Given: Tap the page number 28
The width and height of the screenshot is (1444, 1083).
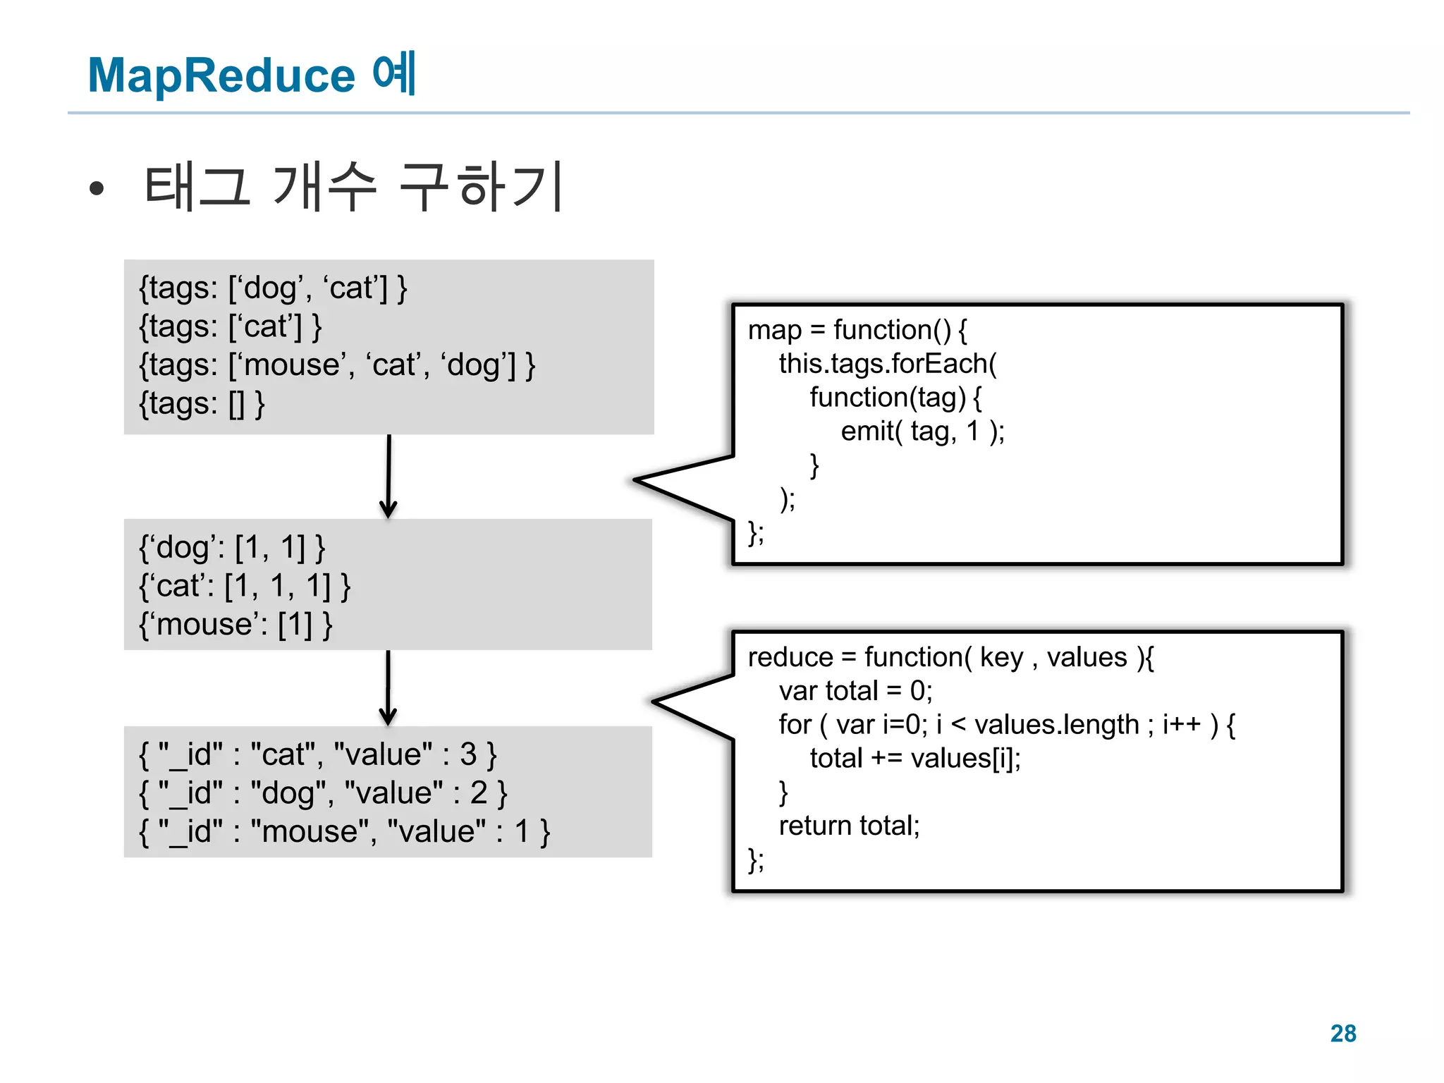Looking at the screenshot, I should tap(1342, 1033).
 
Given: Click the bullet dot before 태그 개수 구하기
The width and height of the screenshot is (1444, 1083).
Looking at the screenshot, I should tap(97, 188).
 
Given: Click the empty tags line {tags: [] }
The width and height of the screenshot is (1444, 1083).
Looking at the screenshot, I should tap(202, 404).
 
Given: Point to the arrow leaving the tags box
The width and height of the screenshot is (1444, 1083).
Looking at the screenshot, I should tap(388, 477).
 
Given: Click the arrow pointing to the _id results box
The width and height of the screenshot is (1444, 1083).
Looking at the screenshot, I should tap(388, 688).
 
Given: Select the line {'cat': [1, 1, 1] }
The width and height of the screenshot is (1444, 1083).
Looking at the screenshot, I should tap(244, 586).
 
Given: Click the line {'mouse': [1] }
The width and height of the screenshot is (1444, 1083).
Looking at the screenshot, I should tap(235, 625).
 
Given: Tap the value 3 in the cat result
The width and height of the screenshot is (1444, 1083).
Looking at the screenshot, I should tap(468, 754).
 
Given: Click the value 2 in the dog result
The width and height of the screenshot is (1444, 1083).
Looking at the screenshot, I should tap(479, 793).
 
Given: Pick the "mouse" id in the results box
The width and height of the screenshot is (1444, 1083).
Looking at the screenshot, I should tap(310, 832).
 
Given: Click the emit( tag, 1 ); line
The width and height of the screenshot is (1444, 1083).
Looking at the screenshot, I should tap(922, 431).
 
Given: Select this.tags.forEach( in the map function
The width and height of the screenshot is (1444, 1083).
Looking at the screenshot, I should tap(887, 364).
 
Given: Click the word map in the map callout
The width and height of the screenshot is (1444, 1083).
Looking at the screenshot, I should tap(774, 330).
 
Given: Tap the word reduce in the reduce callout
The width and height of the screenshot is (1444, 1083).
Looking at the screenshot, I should tap(790, 657).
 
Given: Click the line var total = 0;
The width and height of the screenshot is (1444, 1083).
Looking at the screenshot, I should tap(855, 691).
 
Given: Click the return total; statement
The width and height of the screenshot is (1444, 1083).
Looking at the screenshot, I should tap(849, 826).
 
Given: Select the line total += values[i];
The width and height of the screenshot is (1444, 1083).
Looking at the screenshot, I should tap(914, 759).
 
